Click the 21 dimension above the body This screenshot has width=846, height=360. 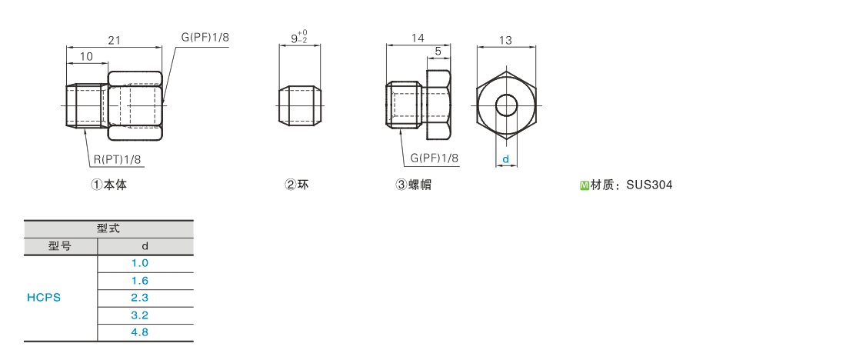(x=114, y=41)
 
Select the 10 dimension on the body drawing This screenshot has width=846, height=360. (x=86, y=57)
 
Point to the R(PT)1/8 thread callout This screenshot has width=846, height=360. (x=118, y=159)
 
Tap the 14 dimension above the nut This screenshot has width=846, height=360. (x=418, y=38)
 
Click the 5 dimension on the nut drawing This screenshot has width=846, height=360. (x=438, y=52)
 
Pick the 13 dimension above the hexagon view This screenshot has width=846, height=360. (x=505, y=41)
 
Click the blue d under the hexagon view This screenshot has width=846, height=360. (x=505, y=159)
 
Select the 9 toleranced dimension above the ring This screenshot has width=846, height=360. (x=299, y=37)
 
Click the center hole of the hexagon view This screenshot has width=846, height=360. (x=506, y=105)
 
